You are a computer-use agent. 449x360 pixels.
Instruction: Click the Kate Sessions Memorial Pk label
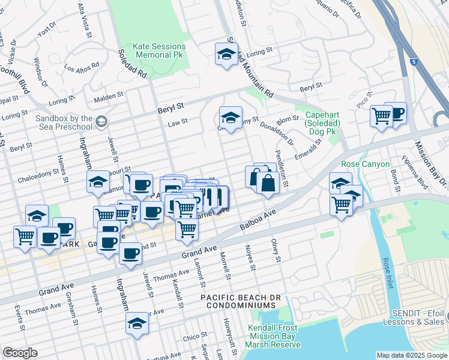pos(158,51)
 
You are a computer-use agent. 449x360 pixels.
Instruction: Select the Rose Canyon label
pos(366,164)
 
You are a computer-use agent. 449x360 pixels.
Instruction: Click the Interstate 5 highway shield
pos(413,61)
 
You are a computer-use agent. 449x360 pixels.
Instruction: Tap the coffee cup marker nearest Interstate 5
pos(396,113)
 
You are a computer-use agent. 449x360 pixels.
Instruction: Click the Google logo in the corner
pos(20,353)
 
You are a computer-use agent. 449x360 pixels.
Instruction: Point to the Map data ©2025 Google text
pos(411,355)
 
